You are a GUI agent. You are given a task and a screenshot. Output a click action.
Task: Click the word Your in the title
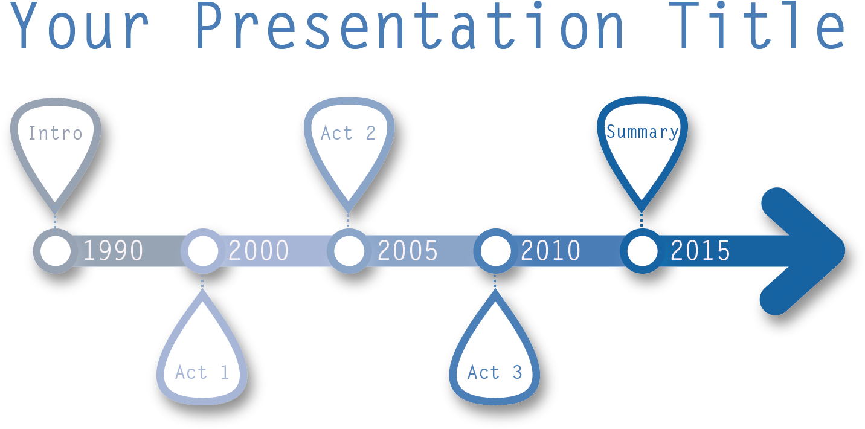79,25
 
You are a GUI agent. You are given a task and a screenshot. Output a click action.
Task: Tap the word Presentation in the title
410,25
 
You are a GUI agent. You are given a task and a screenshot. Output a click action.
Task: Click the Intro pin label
55,133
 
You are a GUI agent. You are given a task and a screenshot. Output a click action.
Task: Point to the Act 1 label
202,372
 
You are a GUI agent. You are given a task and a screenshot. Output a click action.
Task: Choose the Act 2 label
348,133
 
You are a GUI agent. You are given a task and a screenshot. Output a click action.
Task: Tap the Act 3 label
495,372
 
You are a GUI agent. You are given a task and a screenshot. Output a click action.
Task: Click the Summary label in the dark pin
642,132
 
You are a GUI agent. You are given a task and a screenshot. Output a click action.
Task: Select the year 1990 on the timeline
113,251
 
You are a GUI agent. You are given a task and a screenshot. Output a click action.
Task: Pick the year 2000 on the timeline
259,251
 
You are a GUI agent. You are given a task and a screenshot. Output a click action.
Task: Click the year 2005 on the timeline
407,251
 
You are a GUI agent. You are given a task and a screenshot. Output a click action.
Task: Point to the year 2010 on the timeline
551,251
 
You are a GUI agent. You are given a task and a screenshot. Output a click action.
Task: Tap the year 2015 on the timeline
700,251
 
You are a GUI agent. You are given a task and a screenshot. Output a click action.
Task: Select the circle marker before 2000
185,251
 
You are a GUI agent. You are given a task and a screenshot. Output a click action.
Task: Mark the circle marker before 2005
331,251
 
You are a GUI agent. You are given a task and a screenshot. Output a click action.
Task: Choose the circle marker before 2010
477,251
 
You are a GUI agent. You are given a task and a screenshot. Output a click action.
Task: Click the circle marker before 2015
624,251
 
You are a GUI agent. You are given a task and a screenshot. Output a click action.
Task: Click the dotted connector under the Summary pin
642,221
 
